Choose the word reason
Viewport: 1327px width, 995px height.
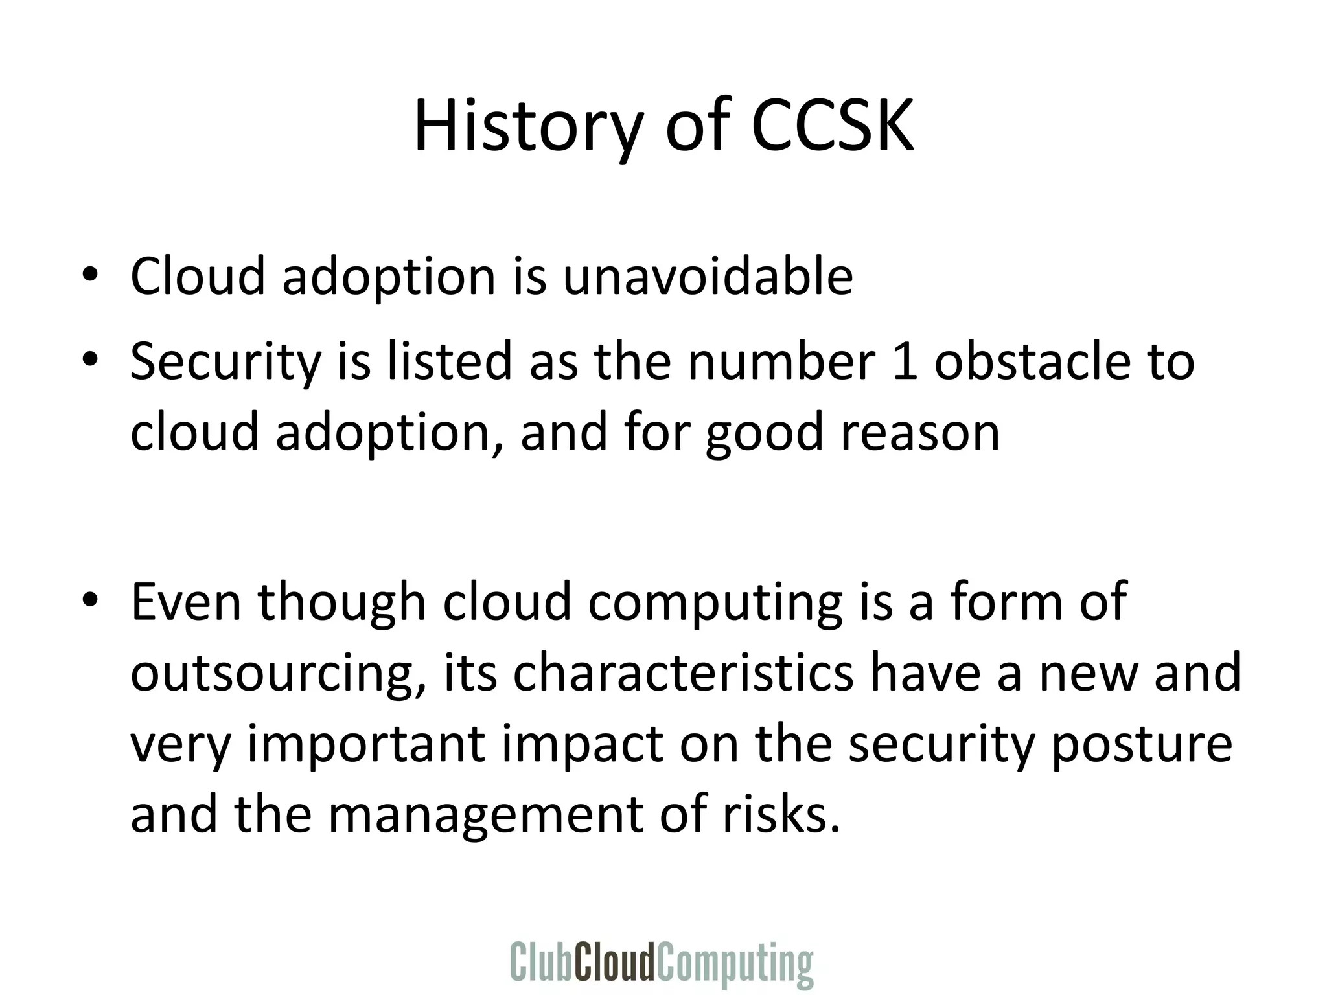click(920, 433)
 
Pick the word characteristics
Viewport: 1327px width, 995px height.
click(683, 672)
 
